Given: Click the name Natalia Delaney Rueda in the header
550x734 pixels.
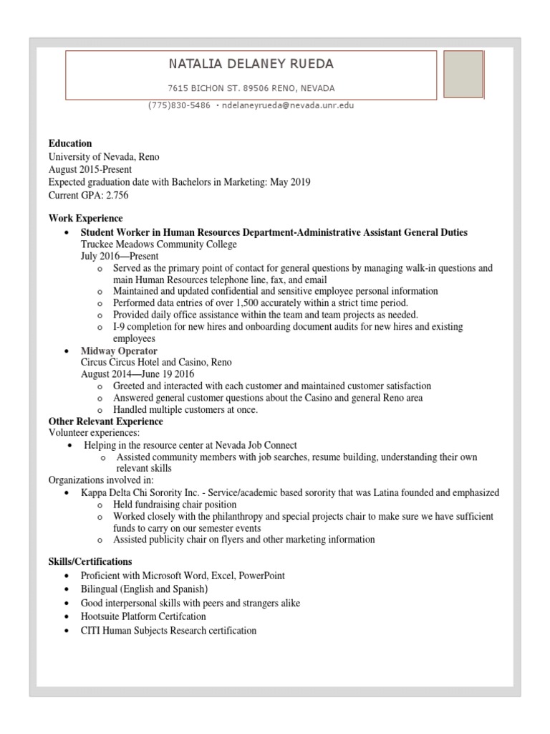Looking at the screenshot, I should click(x=251, y=65).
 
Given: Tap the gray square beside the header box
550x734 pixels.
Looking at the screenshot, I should click(x=463, y=74).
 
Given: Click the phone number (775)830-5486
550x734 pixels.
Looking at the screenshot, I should click(x=179, y=105).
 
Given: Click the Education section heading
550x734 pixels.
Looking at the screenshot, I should click(x=70, y=143).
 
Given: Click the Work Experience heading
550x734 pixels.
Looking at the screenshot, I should click(x=85, y=218).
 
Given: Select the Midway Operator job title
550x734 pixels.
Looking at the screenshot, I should click(x=118, y=351).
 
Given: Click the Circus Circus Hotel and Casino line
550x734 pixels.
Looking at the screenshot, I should click(x=156, y=362).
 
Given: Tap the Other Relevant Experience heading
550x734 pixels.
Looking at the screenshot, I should click(x=105, y=421).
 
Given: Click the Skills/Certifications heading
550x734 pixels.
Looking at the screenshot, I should click(x=90, y=561).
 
